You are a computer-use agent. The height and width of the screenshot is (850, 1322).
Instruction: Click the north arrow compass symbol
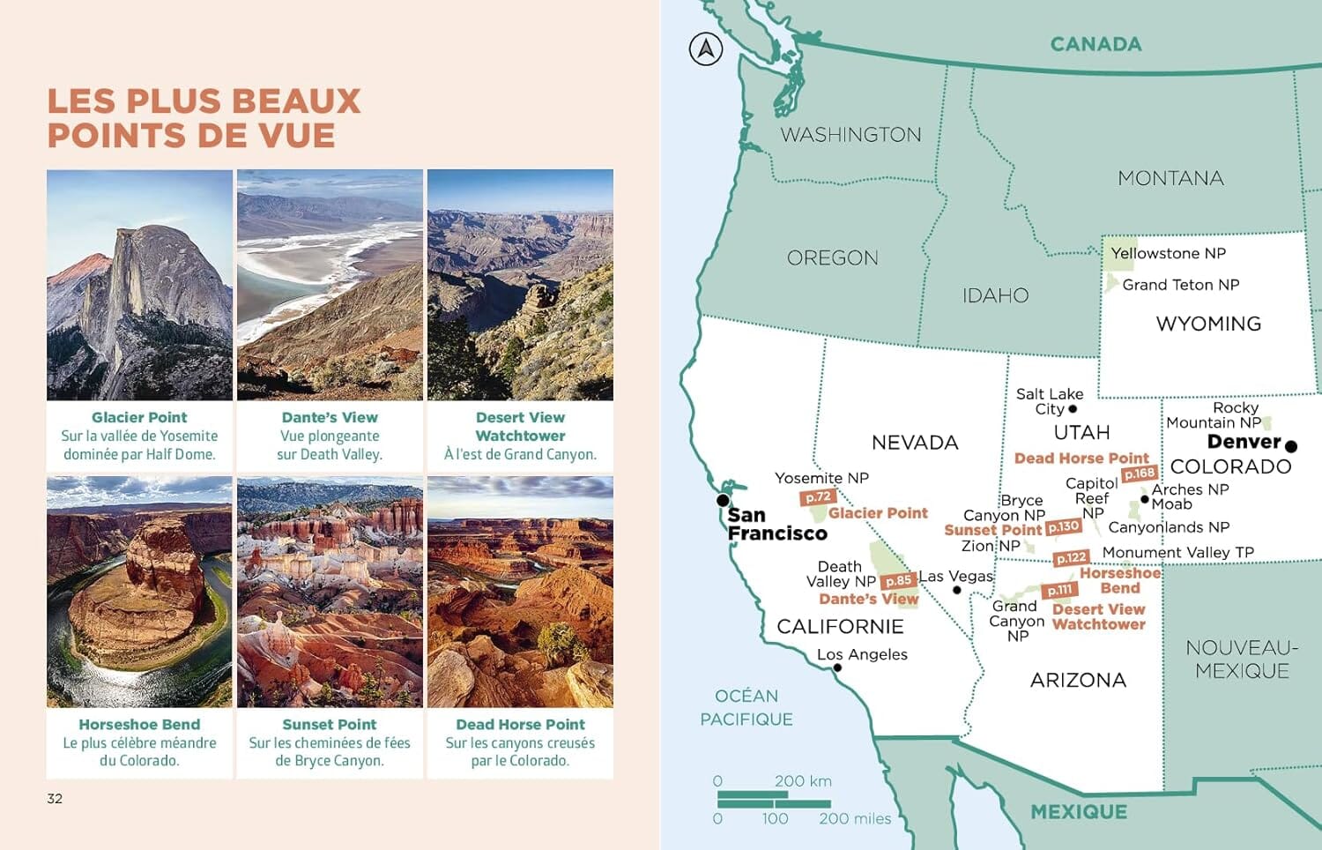coord(706,48)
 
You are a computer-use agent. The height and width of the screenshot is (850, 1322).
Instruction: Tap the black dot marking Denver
coord(1291,446)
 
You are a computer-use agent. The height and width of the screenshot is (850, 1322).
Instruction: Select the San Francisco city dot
coord(723,501)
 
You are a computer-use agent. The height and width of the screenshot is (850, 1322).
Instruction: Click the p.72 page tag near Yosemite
coord(817,497)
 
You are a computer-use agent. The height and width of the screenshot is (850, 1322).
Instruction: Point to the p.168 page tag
coord(1139,473)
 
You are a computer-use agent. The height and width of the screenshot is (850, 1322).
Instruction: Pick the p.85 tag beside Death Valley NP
coord(898,580)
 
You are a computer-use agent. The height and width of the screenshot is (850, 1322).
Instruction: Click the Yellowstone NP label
coord(1168,254)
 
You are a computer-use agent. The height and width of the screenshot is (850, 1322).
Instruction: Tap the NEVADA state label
coord(915,443)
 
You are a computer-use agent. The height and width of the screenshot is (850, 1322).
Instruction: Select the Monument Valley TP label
coord(1177,553)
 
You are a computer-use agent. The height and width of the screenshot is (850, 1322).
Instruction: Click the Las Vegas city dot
coord(957,590)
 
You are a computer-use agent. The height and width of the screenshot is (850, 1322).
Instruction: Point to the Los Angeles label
coord(862,654)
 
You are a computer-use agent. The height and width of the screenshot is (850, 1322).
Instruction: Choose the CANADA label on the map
coord(1095,44)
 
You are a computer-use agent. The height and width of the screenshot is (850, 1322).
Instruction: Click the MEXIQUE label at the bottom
coord(1079,812)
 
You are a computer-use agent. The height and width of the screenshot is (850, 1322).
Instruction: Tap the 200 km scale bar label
coord(803,781)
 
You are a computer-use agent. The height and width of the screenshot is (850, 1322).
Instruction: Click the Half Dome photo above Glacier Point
coord(139,285)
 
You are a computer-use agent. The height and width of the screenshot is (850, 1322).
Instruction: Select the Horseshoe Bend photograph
coord(139,592)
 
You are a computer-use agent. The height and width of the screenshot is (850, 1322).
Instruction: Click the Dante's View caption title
coord(330,418)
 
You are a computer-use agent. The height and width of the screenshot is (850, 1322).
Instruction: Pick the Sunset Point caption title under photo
coord(330,725)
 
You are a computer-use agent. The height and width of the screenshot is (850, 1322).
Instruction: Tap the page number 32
coord(55,799)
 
